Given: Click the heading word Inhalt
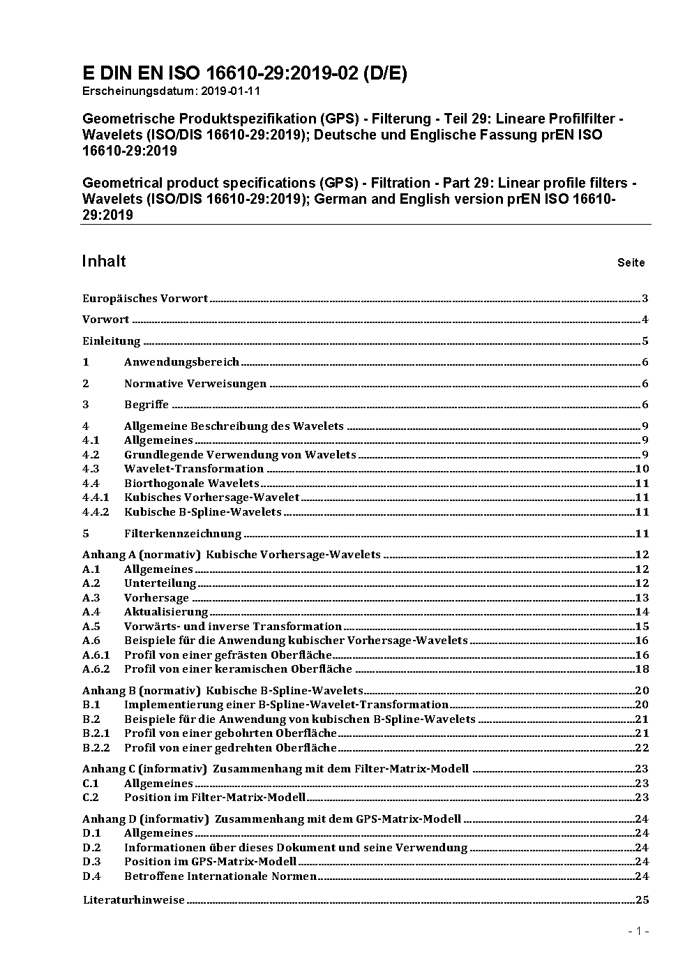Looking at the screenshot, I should (104, 261).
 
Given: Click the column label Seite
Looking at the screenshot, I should (631, 263).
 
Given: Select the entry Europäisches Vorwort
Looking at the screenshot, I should (145, 299).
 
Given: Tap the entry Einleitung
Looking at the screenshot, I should (112, 341).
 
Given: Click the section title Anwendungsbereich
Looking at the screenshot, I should (181, 362).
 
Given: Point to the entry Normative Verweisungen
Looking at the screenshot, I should (195, 384).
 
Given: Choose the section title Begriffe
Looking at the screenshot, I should (146, 405).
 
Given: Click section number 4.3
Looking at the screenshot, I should (91, 469).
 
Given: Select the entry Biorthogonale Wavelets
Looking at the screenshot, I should (192, 484).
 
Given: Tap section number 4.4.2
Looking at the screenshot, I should (96, 512).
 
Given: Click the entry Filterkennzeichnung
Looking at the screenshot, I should (183, 534).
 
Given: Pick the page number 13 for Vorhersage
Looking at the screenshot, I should (642, 598).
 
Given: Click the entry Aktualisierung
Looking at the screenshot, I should (166, 612).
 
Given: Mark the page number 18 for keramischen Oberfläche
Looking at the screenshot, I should (642, 669).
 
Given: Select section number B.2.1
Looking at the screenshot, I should (96, 733).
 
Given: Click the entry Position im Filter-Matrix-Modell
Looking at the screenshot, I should (215, 798).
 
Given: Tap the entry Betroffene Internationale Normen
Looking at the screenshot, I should (220, 876).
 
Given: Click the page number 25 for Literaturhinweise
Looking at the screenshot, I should (642, 900).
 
